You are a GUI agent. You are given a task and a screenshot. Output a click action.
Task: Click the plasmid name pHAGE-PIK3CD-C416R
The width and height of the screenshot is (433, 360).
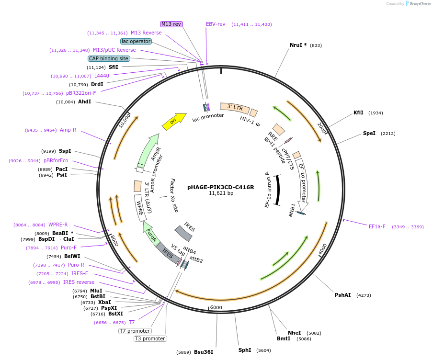[221, 187]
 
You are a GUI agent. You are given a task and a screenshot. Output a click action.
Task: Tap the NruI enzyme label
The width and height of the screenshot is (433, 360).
[298, 45]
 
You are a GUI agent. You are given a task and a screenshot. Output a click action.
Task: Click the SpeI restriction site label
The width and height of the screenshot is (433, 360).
[369, 133]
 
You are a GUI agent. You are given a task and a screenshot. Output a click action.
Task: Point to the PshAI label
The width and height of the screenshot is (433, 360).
[343, 295]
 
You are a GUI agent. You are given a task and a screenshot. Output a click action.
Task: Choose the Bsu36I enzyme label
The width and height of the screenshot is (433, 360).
[203, 352]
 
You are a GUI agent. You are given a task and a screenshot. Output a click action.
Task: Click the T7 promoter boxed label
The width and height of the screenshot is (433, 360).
[135, 331]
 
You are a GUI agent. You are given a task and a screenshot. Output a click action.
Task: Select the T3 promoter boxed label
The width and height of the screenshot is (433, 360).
[150, 339]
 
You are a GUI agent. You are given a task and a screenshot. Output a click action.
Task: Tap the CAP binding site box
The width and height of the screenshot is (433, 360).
[109, 58]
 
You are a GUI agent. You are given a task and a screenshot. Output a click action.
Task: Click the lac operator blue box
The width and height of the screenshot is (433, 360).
[136, 41]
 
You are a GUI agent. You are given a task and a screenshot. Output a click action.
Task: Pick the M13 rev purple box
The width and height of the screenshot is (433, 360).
[171, 24]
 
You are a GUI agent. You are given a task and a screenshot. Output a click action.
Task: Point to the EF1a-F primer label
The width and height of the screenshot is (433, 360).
[377, 226]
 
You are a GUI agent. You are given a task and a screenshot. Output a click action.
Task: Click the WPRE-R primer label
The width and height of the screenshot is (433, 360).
[58, 225]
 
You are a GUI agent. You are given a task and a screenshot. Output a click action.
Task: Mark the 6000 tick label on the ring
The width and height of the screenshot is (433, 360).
[216, 307]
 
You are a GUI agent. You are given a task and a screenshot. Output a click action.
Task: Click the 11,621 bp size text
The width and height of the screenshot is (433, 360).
[221, 193]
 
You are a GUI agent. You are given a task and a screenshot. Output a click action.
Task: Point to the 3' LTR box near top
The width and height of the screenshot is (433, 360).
[235, 108]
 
